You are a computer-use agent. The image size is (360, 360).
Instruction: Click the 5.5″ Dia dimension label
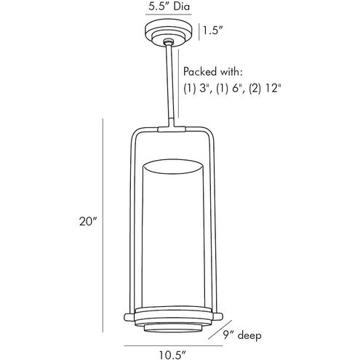(169, 7)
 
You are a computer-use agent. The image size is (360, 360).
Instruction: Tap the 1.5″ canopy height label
(213, 31)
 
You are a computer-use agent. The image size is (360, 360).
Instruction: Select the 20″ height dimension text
(88, 222)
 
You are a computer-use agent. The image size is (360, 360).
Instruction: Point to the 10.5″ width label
(172, 356)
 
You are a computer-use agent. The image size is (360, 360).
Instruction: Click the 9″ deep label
(242, 335)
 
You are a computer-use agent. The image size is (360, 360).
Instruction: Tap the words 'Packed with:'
(213, 72)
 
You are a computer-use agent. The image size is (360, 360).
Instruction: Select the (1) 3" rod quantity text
(197, 89)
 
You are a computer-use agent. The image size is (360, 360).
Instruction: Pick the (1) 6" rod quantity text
(230, 89)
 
